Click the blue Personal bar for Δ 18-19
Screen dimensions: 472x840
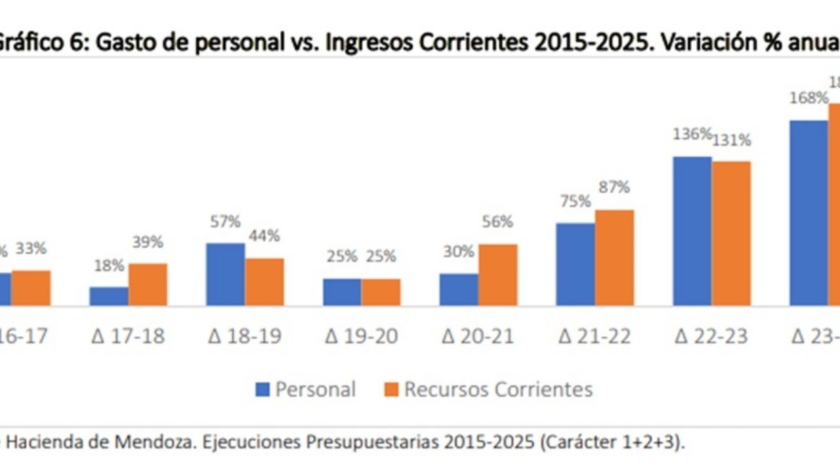tap(226, 274)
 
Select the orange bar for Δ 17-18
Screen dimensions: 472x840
tap(148, 285)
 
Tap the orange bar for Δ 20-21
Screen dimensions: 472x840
tap(497, 275)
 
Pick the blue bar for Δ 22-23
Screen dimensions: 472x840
tap(692, 231)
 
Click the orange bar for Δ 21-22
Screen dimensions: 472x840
tap(614, 258)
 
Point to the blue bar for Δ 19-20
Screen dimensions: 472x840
tap(342, 292)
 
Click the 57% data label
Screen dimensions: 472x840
tap(225, 222)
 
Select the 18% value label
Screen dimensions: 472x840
tap(108, 265)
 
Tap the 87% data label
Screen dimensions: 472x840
tap(614, 187)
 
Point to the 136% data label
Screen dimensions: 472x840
tap(691, 134)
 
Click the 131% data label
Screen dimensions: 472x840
tap(732, 140)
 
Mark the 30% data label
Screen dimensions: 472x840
tap(459, 252)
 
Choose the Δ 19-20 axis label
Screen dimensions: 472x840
tap(361, 337)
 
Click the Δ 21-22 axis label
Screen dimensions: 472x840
tap(595, 337)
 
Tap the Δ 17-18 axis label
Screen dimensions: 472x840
tap(127, 337)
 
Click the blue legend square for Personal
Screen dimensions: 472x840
tap(262, 390)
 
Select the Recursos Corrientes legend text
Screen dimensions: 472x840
tap(498, 389)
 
